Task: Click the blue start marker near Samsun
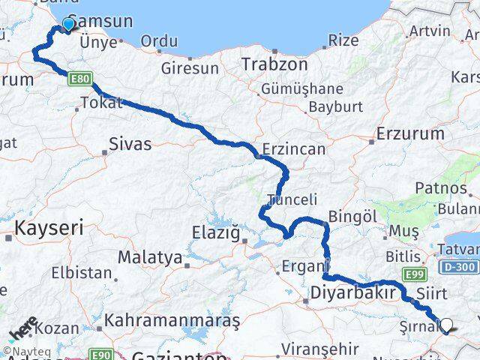pyautogui.click(x=68, y=24)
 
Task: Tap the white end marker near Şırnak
pyautogui.click(x=447, y=325)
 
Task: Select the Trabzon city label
pyautogui.click(x=274, y=64)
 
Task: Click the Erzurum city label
pyautogui.click(x=411, y=133)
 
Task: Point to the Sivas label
pyautogui.click(x=130, y=143)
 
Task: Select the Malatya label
pyautogui.click(x=150, y=257)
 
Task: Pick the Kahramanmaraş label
pyautogui.click(x=172, y=320)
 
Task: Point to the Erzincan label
pyautogui.click(x=294, y=149)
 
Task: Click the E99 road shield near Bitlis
pyautogui.click(x=416, y=275)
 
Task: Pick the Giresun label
pyautogui.click(x=190, y=68)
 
